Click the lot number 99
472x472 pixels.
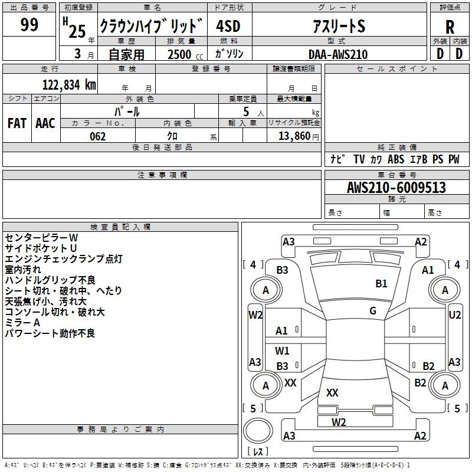click(29, 25)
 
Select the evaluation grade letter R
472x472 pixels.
click(450, 27)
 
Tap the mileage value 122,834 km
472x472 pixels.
click(69, 85)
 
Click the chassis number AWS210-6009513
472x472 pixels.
click(396, 188)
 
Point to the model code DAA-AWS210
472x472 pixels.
click(338, 54)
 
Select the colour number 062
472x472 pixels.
click(97, 136)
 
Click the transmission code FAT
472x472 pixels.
click(17, 123)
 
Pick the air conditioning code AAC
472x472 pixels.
click(45, 123)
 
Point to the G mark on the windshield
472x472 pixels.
click(373, 311)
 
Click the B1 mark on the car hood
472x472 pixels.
click(382, 284)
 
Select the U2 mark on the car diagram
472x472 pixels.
click(455, 315)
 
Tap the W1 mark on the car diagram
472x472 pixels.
click(283, 351)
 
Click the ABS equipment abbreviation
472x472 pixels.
click(396, 159)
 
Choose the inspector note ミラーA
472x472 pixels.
click(22, 323)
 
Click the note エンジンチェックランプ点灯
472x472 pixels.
click(64, 259)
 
